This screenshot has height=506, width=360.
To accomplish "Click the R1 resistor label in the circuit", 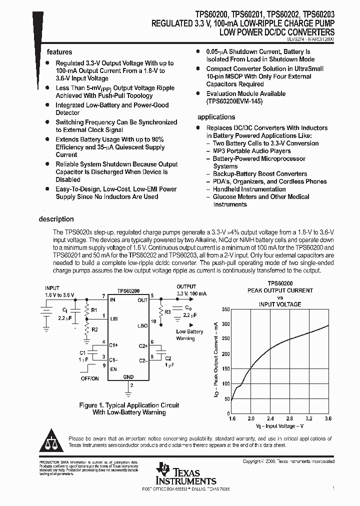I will click(94, 309).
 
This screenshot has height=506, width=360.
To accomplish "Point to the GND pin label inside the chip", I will click(128, 376).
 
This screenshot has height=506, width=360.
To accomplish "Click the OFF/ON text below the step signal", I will click(90, 378).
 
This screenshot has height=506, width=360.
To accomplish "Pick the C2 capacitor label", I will click(168, 358).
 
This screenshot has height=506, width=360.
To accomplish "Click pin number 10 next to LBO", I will click(153, 321).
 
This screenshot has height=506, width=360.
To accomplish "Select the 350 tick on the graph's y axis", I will click(225, 310).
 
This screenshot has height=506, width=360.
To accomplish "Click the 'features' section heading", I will click(59, 52).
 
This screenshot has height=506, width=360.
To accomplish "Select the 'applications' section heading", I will click(216, 117).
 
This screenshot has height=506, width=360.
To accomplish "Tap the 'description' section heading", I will click(56, 219).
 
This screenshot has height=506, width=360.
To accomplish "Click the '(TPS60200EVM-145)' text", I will click(234, 101).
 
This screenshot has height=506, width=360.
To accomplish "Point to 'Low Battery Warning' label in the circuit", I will click(189, 335).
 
